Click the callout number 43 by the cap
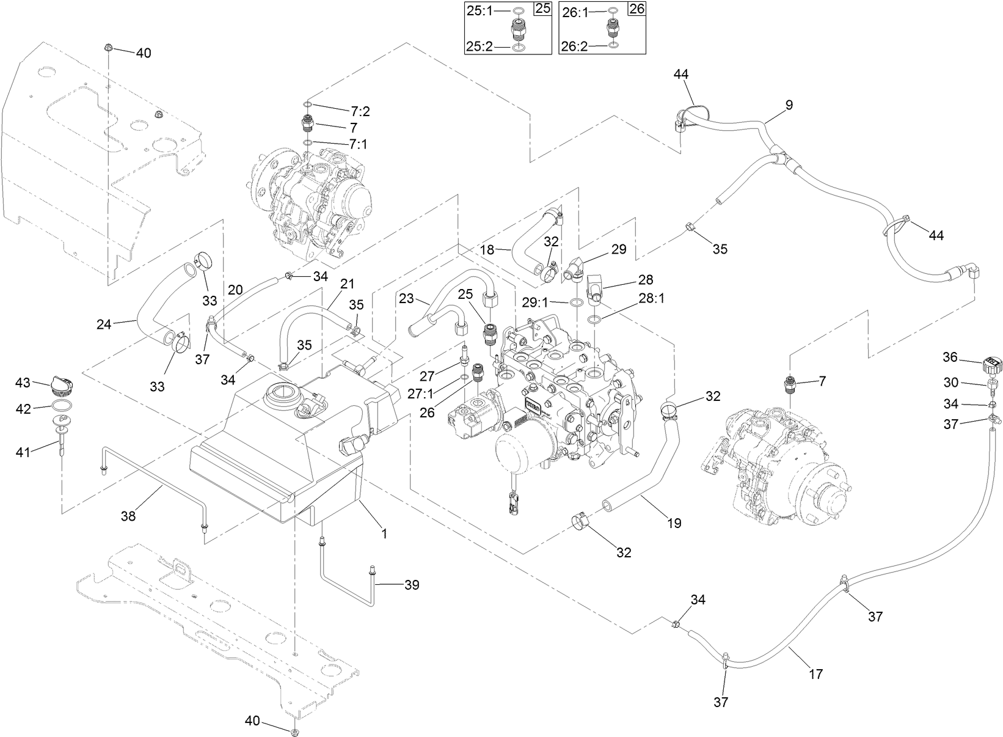[23, 383]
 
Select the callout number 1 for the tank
[384, 533]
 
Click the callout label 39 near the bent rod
[412, 585]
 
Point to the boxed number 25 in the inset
[542, 9]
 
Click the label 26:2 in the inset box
[574, 46]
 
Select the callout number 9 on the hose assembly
[789, 105]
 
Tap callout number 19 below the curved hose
[674, 523]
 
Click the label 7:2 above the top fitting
[360, 111]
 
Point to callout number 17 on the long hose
[815, 674]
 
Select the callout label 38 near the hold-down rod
[128, 516]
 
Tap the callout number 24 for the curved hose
[104, 324]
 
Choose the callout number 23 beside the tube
[406, 299]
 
